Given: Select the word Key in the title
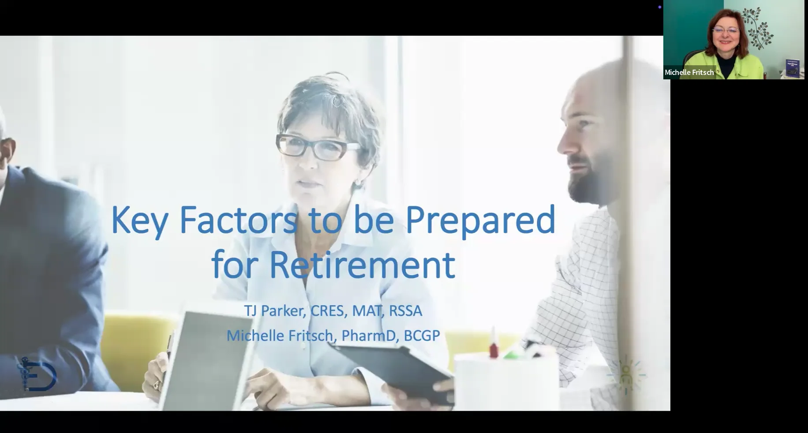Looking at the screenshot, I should [x=139, y=220].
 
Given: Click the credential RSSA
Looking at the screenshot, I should [x=405, y=310].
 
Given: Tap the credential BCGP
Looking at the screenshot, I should [x=422, y=336].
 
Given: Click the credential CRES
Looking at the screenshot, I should [x=329, y=310].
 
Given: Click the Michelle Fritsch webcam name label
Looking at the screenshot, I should [x=689, y=72].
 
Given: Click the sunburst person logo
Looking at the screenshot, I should [x=625, y=375].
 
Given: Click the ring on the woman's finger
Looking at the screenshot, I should [x=156, y=385].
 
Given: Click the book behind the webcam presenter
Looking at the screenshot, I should [x=792, y=68].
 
